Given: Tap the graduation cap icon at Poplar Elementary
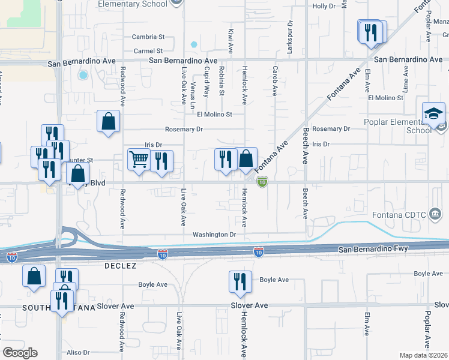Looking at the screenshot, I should click(433, 115).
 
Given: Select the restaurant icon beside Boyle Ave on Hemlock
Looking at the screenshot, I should click(240, 281).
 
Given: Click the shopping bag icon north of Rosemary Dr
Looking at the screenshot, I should click(108, 121).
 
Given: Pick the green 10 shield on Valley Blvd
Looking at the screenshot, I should click(262, 181).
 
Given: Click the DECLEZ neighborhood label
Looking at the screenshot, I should click(121, 265).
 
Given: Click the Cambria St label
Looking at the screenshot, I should click(148, 37).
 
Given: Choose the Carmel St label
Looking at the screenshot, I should click(148, 51).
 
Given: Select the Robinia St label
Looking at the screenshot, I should click(221, 82).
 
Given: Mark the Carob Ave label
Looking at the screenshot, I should click(276, 81).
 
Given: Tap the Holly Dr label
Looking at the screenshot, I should click(323, 6).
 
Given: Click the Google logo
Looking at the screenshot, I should click(20, 353).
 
